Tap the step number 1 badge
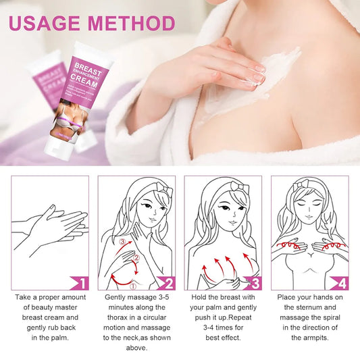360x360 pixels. (x=81, y=282)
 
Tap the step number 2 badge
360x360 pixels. (x=168, y=282)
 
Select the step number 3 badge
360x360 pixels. (x=255, y=282)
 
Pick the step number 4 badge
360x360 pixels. (x=341, y=282)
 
